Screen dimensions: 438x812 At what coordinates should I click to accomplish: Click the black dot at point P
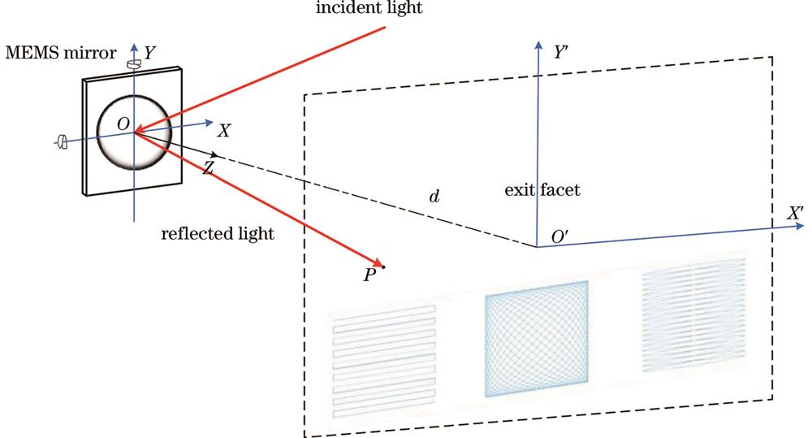(x=383, y=267)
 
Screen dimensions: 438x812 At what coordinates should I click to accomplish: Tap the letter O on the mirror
(x=123, y=122)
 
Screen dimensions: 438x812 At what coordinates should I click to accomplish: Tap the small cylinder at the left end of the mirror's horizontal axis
(x=62, y=143)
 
